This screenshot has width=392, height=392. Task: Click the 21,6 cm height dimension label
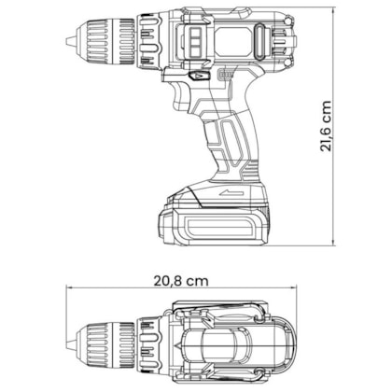326,126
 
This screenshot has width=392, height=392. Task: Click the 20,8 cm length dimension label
181,281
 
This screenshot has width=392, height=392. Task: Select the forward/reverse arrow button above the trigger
199,76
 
